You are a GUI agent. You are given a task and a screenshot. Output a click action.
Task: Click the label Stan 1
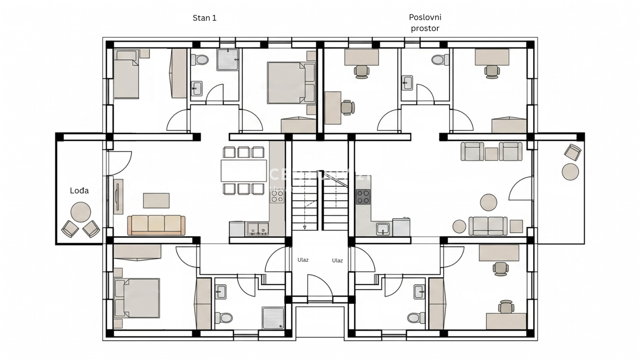[204, 18]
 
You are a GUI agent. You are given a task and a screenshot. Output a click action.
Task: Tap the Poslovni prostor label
[425, 23]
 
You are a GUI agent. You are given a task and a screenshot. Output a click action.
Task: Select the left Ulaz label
[303, 260]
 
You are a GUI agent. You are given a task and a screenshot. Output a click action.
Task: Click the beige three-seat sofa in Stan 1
[156, 225]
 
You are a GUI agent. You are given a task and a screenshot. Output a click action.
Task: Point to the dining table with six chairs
[244, 171]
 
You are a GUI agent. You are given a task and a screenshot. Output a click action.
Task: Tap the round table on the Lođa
[81, 211]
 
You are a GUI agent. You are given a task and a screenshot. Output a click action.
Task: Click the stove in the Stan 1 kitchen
[277, 196]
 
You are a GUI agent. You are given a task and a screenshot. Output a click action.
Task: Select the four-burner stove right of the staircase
[363, 197]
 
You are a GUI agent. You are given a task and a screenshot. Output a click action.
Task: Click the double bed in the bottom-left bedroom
[137, 297]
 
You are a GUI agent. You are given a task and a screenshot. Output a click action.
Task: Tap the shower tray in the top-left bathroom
[227, 60]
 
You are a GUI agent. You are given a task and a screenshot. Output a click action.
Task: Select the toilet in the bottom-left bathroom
[225, 318]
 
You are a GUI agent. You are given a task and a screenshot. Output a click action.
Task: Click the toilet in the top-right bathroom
[439, 59]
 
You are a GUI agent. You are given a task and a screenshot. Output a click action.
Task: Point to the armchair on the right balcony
[573, 153]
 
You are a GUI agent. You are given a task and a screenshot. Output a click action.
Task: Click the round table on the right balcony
[570, 172]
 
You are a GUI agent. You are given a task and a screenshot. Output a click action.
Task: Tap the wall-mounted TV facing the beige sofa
[117, 196]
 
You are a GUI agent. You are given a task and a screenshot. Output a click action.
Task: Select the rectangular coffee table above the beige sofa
[156, 201]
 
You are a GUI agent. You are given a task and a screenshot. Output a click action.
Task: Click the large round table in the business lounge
[489, 203]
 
